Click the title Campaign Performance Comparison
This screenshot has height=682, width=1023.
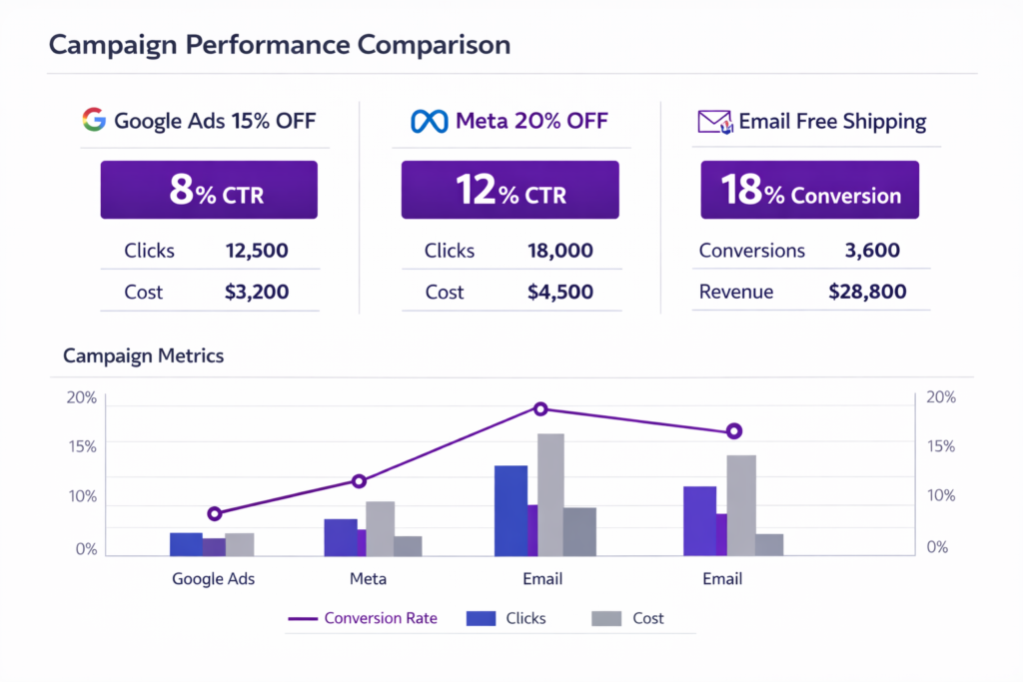pos(279,45)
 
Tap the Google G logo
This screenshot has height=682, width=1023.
pos(94,122)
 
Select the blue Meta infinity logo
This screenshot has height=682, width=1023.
pos(430,122)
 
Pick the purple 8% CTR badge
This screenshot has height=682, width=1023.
pos(209,191)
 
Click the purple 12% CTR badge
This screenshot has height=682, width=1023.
pos(510,191)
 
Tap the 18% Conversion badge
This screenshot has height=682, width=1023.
pos(809,191)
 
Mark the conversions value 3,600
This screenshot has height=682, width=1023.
pos(872,251)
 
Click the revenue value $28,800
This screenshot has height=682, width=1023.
pos(867,292)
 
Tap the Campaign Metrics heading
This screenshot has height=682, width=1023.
pos(144,355)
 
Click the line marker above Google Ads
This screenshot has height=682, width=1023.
pos(214,513)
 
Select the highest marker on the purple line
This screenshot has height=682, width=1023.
pos(540,408)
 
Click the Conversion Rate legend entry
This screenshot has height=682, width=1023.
pos(364,618)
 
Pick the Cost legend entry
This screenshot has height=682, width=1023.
pos(628,618)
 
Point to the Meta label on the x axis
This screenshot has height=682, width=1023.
pos(368,578)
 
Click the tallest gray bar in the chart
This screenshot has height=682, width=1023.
pos(550,494)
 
